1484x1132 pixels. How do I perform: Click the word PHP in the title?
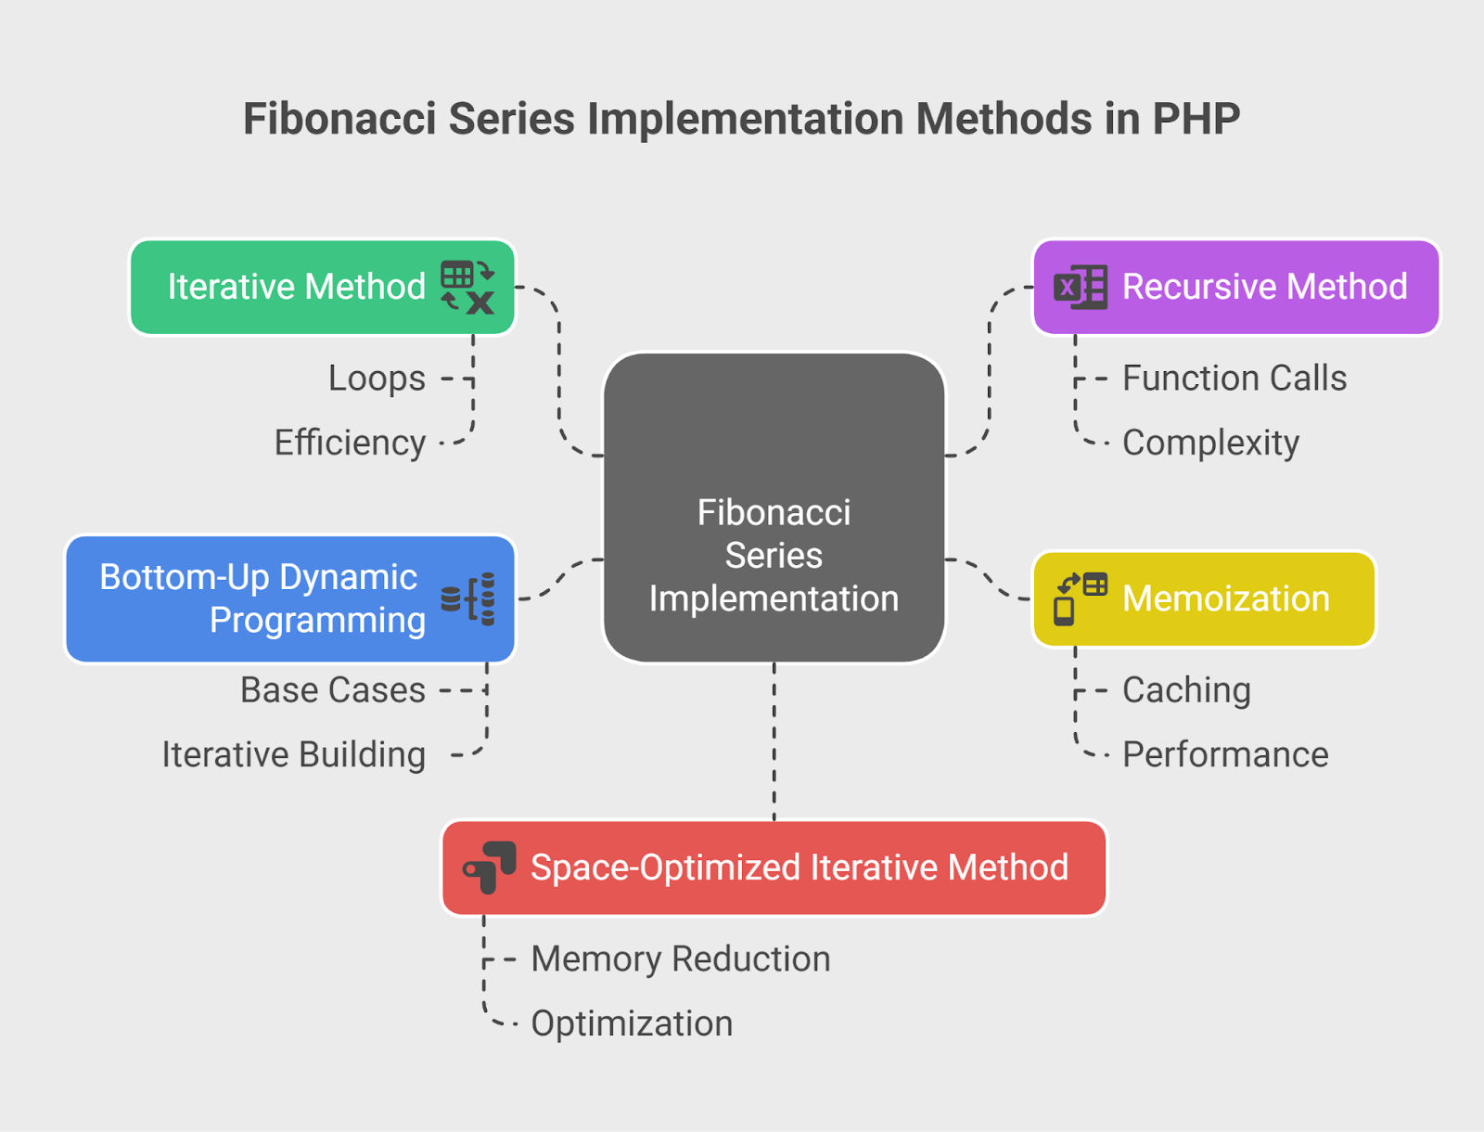[x=1196, y=119]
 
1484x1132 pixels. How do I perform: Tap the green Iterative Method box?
[x=323, y=287]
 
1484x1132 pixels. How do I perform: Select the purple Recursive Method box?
[x=1236, y=287]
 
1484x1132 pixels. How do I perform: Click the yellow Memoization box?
[x=1204, y=599]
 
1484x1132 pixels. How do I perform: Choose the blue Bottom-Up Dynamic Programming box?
[x=290, y=599]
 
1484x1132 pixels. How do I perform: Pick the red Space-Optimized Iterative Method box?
[x=774, y=868]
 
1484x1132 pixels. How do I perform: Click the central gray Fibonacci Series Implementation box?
[x=774, y=508]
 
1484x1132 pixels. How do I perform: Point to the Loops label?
[x=377, y=378]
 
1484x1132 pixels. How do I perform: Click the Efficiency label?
[x=350, y=443]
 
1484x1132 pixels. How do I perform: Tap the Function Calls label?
[x=1235, y=378]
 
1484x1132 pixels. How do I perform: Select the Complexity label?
[x=1211, y=443]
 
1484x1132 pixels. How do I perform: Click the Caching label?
[x=1186, y=690]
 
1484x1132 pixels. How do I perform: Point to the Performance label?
[x=1226, y=754]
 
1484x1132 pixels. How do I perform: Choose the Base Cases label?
[x=333, y=690]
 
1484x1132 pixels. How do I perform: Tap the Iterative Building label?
[x=294, y=754]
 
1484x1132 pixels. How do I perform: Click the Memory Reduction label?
[x=681, y=958]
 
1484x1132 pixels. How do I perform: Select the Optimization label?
[x=633, y=1023]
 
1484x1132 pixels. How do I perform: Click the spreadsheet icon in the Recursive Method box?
[x=1081, y=287]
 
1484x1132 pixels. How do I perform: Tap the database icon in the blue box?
[x=467, y=599]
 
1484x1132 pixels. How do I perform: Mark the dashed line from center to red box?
[x=774, y=741]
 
